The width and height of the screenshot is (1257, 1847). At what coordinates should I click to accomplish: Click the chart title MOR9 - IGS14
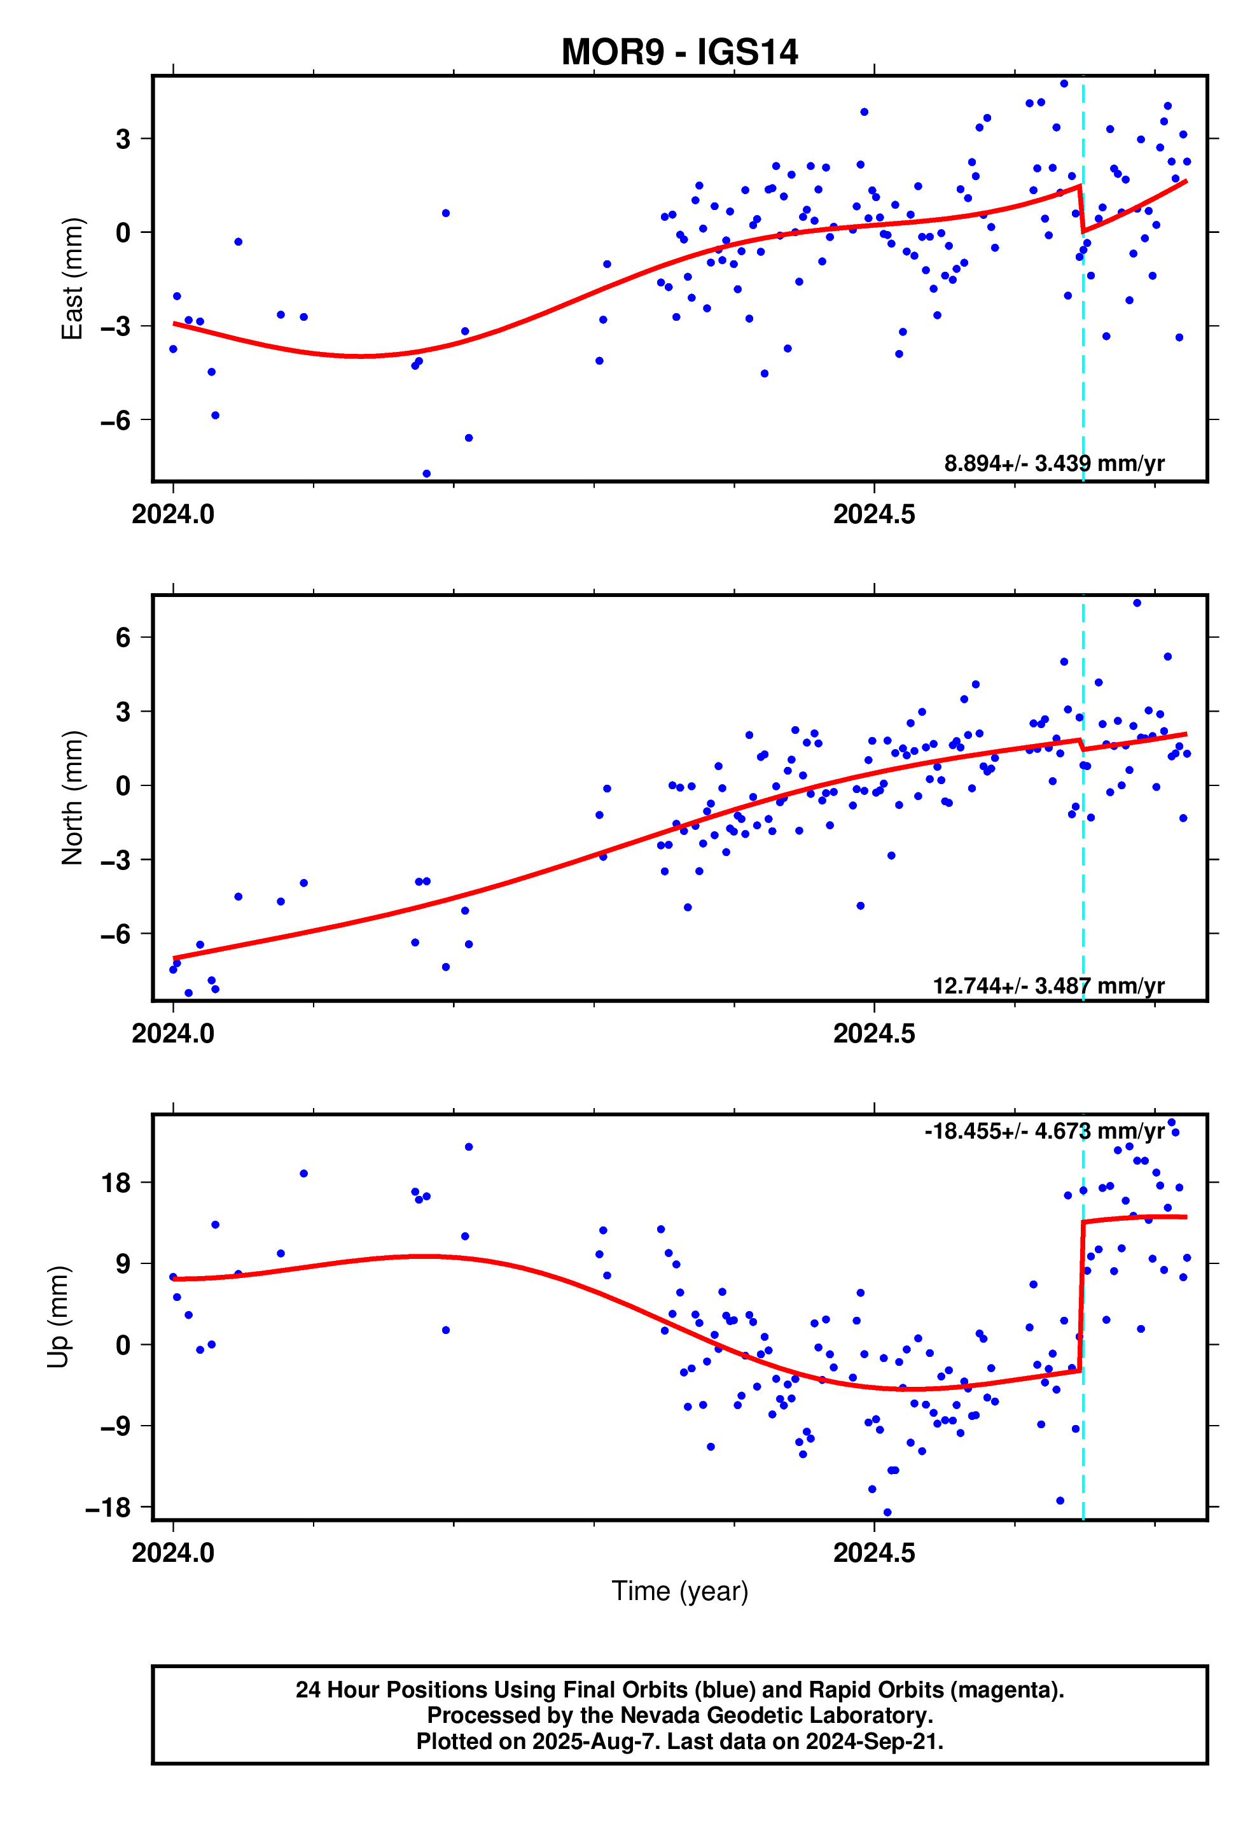[679, 52]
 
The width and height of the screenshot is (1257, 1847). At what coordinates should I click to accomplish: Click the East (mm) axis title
[73, 278]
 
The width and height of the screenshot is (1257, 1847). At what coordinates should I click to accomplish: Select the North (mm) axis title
[73, 797]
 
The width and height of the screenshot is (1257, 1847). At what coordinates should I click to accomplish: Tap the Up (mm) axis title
[58, 1316]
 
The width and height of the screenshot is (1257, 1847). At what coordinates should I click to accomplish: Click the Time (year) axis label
[679, 1591]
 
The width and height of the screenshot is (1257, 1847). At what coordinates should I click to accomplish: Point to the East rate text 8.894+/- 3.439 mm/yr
[1053, 463]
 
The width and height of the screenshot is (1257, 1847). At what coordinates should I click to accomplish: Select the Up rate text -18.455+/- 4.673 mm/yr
[1043, 1131]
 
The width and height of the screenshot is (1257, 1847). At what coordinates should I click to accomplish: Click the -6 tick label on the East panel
[115, 421]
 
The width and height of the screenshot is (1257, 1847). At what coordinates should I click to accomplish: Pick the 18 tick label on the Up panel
[116, 1183]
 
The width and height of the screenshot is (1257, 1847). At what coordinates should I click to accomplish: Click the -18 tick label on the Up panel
[108, 1507]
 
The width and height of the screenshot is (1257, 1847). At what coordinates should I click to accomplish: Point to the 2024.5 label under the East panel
[873, 515]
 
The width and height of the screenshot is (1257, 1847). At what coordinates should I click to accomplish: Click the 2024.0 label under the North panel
[172, 1034]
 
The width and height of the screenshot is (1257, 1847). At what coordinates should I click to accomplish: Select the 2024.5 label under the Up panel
[873, 1553]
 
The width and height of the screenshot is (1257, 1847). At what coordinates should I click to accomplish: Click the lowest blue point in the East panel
[426, 474]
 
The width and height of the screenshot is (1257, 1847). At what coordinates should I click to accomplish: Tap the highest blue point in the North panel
[1136, 603]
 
